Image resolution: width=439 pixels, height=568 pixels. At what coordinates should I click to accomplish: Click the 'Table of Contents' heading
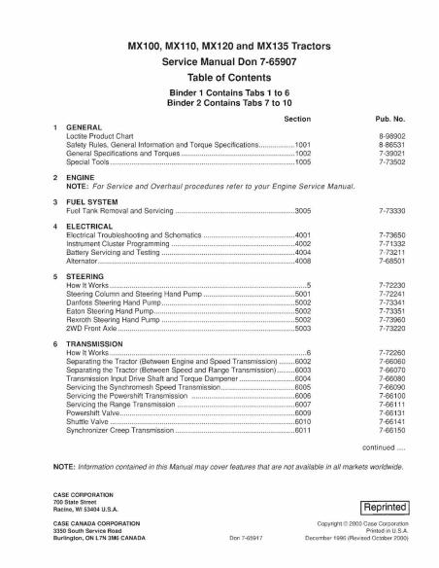click(219, 77)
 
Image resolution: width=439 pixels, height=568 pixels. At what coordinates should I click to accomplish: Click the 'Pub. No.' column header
click(391, 117)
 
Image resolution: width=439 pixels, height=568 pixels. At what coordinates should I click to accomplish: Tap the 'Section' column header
click(296, 117)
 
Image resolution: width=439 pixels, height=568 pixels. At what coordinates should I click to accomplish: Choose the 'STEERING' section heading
click(85, 276)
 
